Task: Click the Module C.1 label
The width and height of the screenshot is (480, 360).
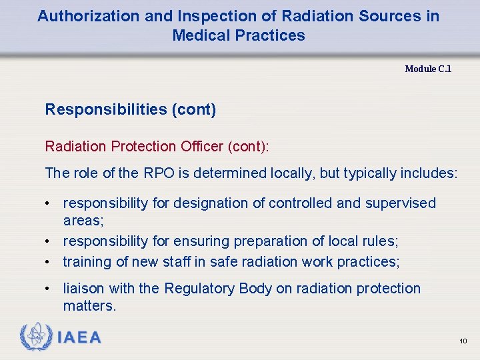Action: (428, 69)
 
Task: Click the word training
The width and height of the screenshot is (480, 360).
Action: (87, 261)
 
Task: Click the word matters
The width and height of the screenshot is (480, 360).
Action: (89, 306)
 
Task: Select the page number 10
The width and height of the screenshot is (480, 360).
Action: (463, 341)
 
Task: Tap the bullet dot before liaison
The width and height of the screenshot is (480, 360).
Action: (49, 289)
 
